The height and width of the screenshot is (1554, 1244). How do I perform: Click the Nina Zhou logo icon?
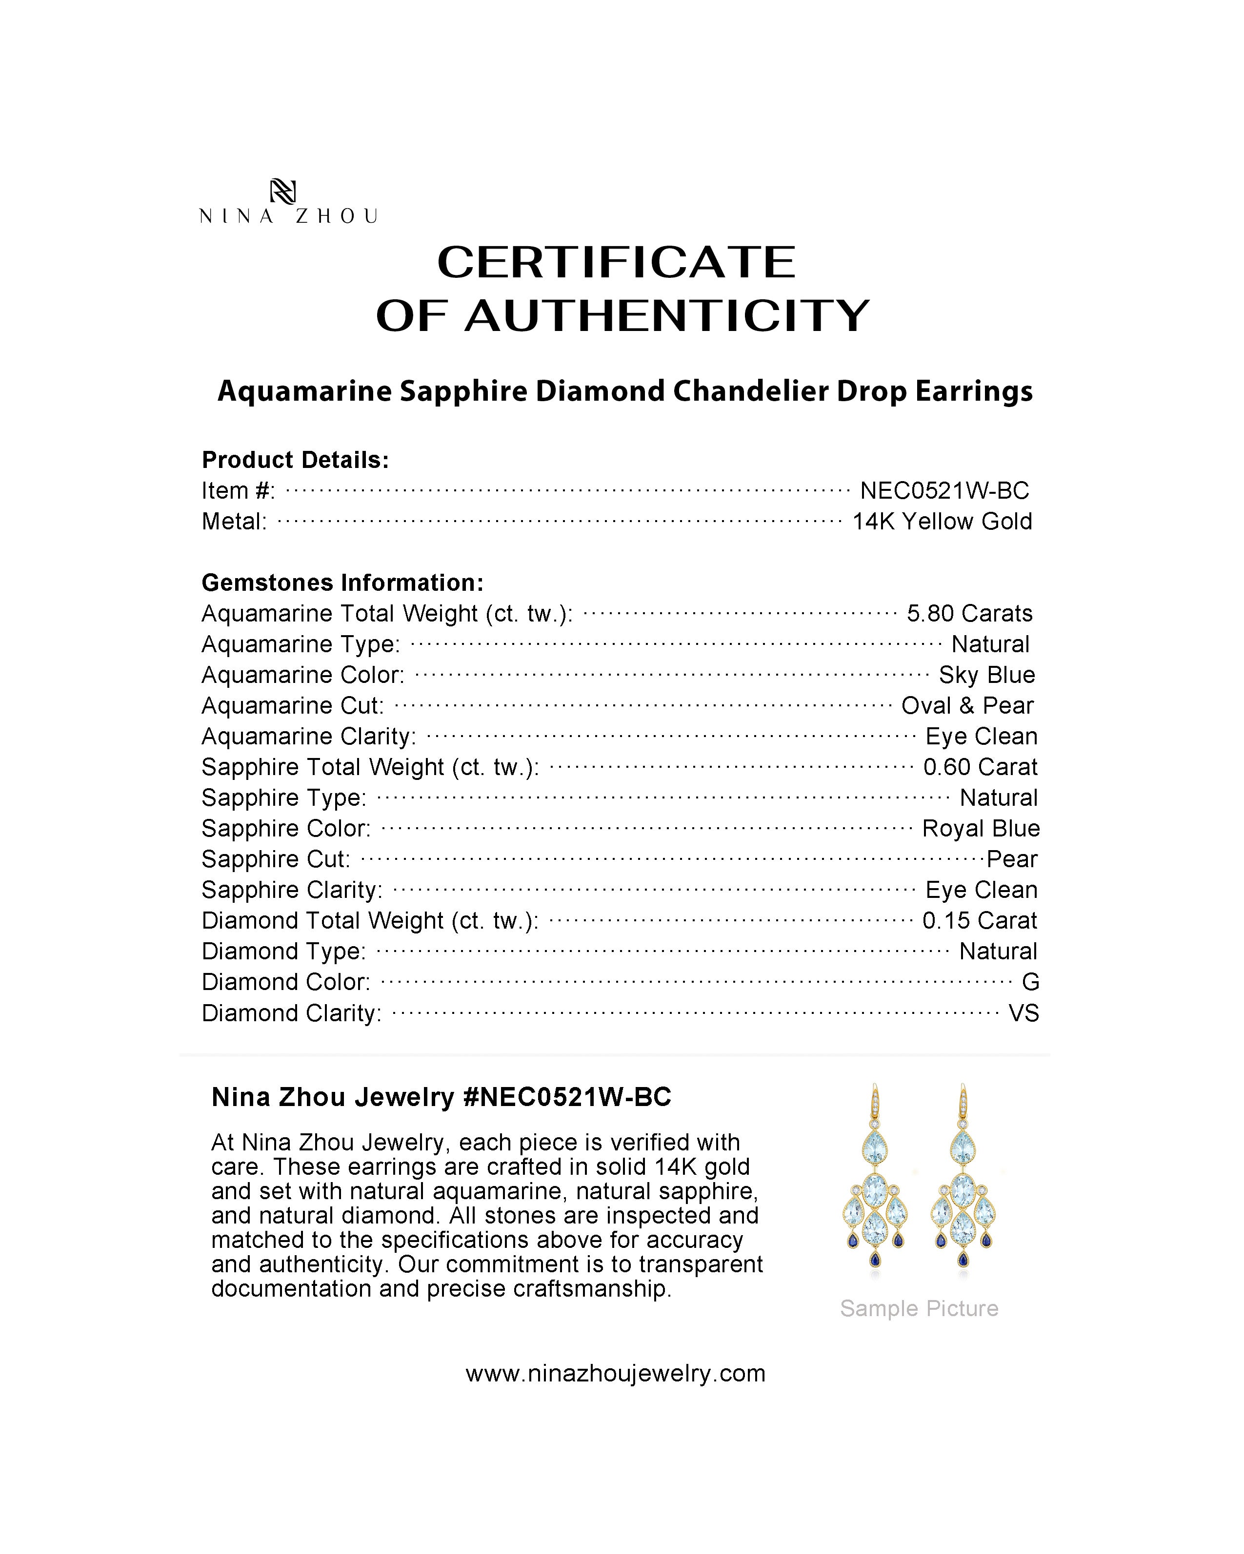pos(282,191)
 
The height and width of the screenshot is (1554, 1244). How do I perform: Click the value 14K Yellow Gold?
pos(942,521)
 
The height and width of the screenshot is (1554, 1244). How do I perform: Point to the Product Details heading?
pos(295,460)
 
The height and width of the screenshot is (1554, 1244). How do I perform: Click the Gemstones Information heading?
pos(342,583)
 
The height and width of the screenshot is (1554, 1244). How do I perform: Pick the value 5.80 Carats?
pos(969,613)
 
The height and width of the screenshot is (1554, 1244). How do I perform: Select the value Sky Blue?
pos(986,675)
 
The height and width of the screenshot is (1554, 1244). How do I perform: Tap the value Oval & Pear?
pos(967,706)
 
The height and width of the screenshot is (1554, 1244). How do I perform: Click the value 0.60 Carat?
pos(980,767)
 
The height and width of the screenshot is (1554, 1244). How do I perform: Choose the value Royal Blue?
pos(981,828)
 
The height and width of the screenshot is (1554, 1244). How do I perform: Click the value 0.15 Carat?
pos(979,920)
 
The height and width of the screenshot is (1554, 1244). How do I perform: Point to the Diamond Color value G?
pos(1030,982)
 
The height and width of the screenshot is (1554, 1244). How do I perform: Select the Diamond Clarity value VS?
pos(1023,1013)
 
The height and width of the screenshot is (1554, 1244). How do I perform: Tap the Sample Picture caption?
pos(919,1308)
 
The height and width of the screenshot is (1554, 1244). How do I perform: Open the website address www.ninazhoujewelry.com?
pos(615,1373)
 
